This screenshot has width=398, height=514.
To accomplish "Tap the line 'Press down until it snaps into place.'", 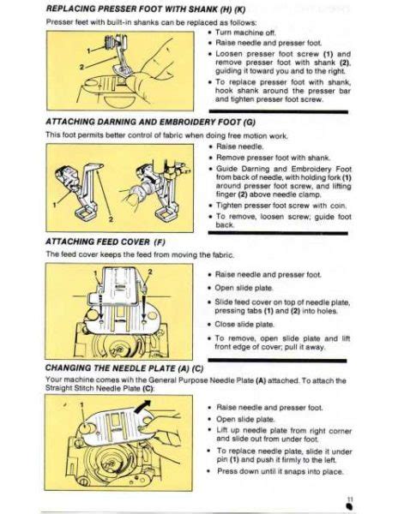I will click(x=280, y=471).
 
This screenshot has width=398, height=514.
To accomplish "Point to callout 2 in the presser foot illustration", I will click(x=81, y=65).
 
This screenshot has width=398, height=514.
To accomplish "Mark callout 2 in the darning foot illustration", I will click(x=112, y=218).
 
